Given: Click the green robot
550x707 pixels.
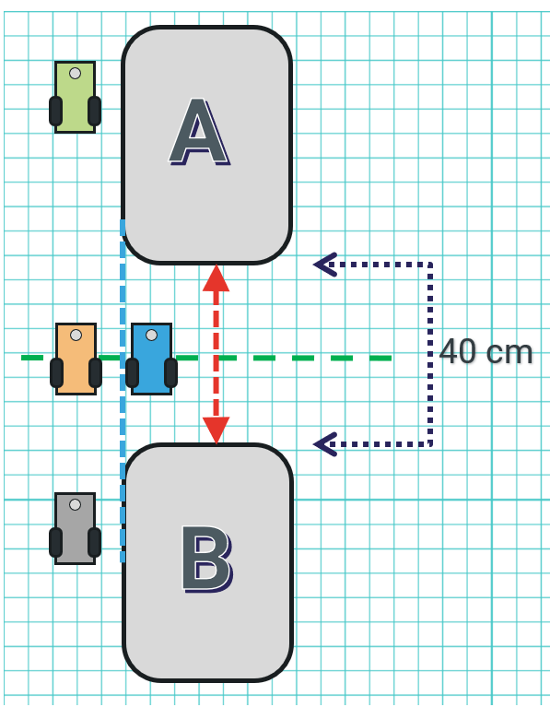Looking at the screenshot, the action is [x=75, y=98].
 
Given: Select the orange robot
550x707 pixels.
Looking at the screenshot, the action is [x=76, y=359].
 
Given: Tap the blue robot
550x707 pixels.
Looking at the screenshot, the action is [x=151, y=359].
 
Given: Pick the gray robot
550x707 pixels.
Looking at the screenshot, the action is [x=75, y=528].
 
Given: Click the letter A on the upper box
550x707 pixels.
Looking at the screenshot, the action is [x=199, y=132].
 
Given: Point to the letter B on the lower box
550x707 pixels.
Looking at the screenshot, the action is [x=207, y=559].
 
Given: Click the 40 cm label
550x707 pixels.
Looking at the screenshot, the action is [x=486, y=352].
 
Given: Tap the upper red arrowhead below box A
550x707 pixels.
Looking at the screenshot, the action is [x=216, y=278].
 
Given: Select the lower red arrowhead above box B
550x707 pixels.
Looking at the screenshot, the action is [x=216, y=430].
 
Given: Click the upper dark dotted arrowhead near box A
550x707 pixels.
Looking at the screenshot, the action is [x=325, y=265].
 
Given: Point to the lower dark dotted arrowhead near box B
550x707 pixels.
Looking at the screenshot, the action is [x=325, y=444].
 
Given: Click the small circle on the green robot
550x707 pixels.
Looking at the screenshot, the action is [x=76, y=73].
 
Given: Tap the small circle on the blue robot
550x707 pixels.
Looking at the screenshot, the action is [x=152, y=335].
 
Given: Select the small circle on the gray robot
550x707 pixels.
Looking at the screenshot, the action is [x=76, y=504].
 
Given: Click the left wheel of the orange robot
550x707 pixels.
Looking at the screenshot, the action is [x=56, y=372].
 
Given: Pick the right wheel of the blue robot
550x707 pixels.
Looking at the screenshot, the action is [x=170, y=372].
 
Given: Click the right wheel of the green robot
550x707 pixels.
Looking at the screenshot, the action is [x=94, y=111].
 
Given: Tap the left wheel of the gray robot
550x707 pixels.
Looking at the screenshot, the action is [x=55, y=542].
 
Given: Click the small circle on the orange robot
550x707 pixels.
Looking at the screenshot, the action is [x=76, y=335].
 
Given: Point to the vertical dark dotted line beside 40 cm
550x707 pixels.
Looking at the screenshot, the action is [x=430, y=354].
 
